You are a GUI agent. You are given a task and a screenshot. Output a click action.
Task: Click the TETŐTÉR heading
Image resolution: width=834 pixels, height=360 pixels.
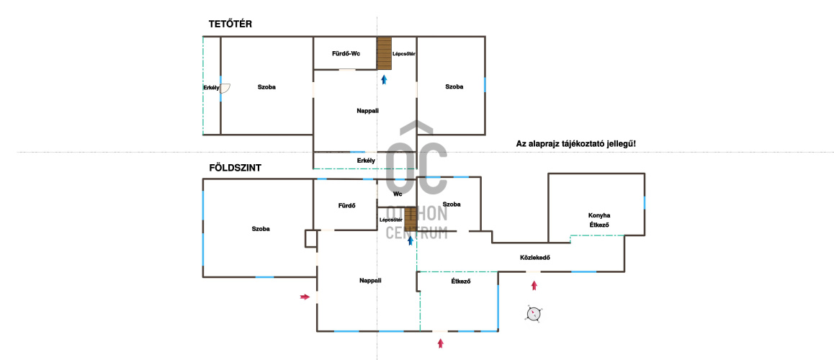tap(230, 24)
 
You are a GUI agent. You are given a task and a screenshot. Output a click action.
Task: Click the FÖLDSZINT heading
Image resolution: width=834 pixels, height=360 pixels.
tap(235, 168)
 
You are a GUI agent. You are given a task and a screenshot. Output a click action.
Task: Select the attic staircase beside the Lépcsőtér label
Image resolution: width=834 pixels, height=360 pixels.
tap(385, 53)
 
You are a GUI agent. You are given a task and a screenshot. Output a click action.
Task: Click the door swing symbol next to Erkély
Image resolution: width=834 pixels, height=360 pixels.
tap(225, 89)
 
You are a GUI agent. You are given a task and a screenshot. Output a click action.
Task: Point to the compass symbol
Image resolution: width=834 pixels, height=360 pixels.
tap(534, 314)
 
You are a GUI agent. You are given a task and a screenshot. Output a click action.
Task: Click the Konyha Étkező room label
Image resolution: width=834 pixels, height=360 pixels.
tap(599, 220)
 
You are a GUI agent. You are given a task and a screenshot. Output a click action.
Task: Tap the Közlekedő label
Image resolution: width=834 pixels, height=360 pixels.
tap(534, 258)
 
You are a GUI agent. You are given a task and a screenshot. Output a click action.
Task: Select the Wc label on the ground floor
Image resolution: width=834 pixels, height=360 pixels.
tap(398, 194)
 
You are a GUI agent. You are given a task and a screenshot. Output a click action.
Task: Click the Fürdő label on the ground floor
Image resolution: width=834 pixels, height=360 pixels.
tap(347, 206)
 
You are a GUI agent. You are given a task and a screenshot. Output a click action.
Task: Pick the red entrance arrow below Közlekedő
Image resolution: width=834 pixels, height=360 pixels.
tap(534, 286)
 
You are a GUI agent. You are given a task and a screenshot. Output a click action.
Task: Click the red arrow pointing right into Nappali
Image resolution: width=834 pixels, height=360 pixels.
tap(305, 297)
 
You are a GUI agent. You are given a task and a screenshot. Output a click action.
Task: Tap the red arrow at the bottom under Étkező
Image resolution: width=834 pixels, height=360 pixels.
tap(440, 343)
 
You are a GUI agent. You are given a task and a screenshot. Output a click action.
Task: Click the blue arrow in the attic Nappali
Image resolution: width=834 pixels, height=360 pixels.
tap(384, 81)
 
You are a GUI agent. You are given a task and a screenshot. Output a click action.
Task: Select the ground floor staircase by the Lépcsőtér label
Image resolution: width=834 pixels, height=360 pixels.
tap(410, 219)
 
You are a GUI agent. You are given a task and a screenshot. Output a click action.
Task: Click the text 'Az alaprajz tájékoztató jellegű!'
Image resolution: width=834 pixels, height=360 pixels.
tap(576, 143)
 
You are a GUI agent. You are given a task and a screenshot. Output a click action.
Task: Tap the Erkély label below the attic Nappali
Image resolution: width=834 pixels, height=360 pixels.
tap(366, 160)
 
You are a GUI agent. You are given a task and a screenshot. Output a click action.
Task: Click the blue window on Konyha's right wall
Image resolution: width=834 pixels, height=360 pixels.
tap(644, 202)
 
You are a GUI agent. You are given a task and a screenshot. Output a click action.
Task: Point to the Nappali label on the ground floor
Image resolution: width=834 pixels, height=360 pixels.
tap(370, 281)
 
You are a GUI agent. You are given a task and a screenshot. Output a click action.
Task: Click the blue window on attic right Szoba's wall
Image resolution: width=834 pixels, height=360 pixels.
tap(485, 84)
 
